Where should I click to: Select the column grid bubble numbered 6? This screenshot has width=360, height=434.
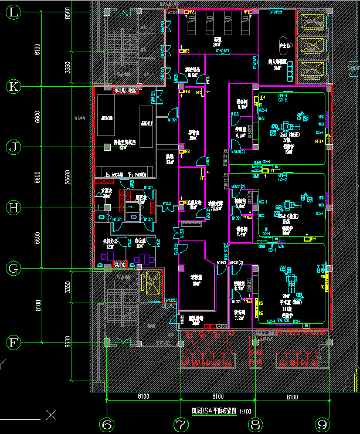point(106,423)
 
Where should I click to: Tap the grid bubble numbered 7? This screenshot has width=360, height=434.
point(181,423)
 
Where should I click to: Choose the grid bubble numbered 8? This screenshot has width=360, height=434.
point(255,423)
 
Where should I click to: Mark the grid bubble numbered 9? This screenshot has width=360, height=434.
point(321,423)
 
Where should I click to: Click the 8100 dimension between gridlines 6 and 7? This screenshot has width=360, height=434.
point(144,397)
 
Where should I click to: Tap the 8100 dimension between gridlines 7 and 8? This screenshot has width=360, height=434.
point(218,397)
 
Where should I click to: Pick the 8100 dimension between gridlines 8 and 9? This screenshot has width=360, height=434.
point(292,397)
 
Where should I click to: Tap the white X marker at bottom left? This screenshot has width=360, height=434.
point(52,416)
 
